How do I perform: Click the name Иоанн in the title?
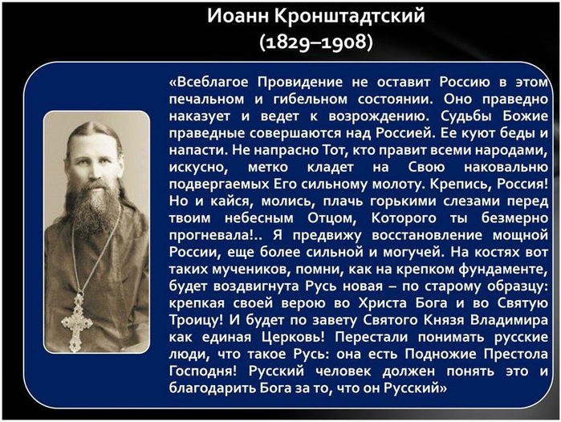coord(238,16)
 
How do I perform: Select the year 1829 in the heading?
coord(287,43)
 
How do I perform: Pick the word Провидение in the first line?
coord(300,83)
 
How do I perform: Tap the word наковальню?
coord(506,167)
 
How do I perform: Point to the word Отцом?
coord(331,218)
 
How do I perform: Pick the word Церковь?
coord(293,337)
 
